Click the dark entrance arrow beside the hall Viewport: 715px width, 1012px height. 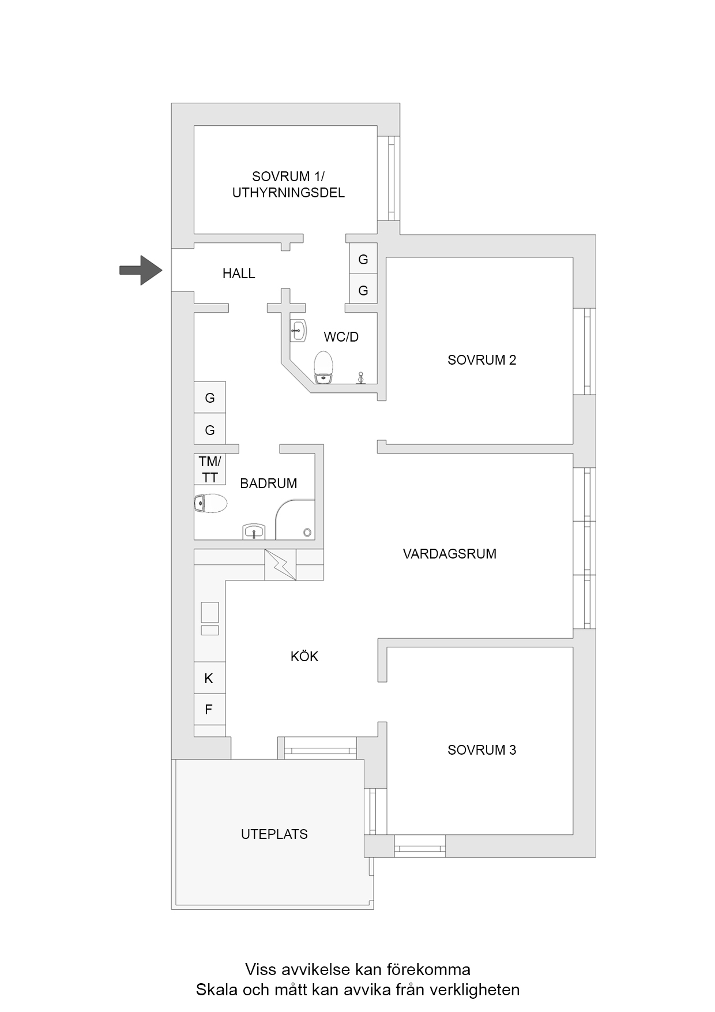click(x=141, y=270)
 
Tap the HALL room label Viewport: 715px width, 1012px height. click(x=239, y=273)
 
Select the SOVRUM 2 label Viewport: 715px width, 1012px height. click(x=481, y=360)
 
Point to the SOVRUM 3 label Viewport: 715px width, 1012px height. click(x=481, y=750)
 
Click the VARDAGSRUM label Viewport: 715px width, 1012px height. click(x=449, y=554)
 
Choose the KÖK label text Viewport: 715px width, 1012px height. click(x=304, y=656)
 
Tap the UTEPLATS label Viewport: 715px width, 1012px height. click(x=274, y=834)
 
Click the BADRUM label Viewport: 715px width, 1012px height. click(x=268, y=483)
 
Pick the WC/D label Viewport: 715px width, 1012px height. click(x=341, y=337)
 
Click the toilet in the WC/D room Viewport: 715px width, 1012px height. click(x=323, y=367)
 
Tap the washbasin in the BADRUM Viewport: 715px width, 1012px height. click(x=253, y=531)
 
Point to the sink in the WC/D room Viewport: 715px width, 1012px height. click(x=298, y=331)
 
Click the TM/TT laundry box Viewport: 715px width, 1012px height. click(x=210, y=469)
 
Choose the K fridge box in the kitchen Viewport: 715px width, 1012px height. click(x=209, y=678)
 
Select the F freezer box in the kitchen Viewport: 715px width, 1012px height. click(x=209, y=710)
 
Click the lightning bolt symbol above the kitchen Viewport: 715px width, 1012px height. click(x=280, y=565)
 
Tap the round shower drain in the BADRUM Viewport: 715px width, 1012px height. click(x=307, y=533)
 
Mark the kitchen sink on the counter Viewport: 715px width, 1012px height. click(x=210, y=612)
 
